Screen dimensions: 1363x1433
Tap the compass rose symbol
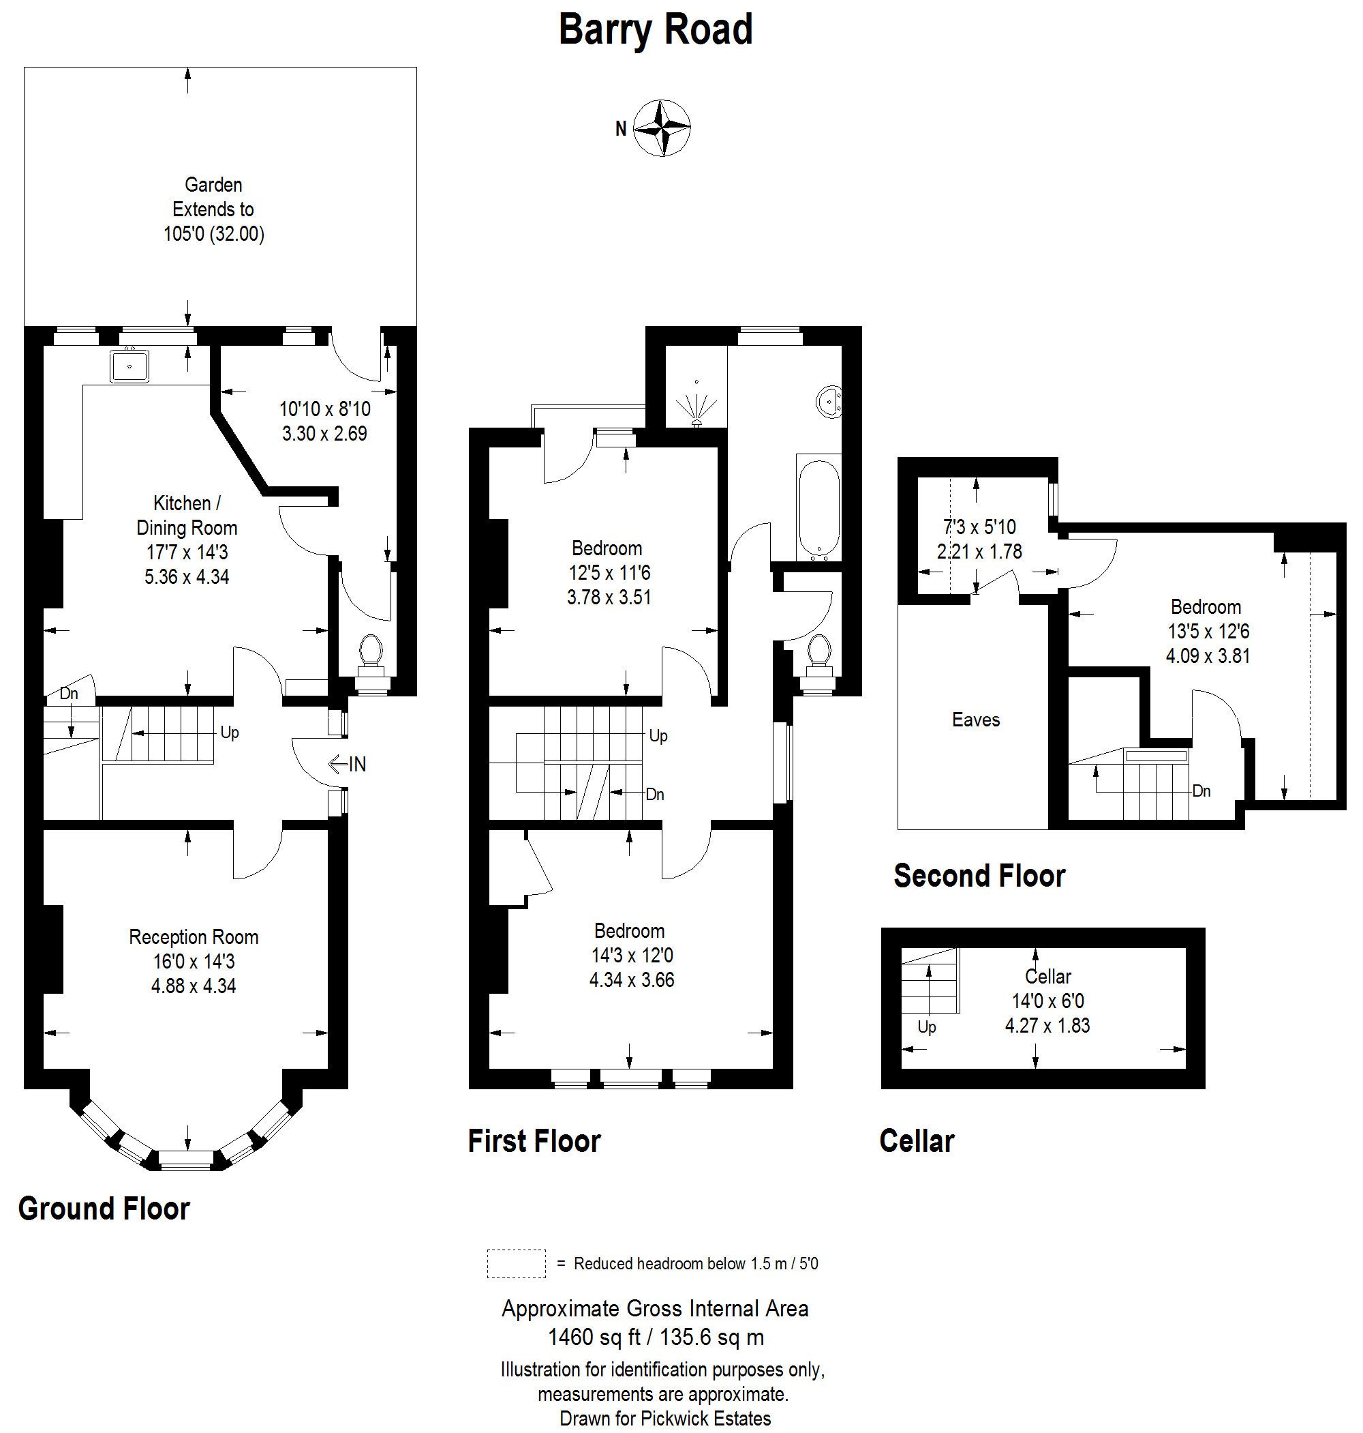click(x=661, y=129)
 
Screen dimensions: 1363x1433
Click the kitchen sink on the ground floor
click(x=130, y=366)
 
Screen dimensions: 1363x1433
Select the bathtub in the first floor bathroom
click(x=818, y=508)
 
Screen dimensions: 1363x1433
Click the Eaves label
click(x=976, y=720)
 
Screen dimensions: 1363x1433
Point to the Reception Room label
click(x=194, y=937)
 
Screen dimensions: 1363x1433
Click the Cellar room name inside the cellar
click(x=1047, y=977)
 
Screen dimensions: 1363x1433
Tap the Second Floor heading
click(x=979, y=875)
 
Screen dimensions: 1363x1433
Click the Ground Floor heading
click(x=104, y=1209)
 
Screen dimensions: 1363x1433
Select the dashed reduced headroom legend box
click(x=516, y=1264)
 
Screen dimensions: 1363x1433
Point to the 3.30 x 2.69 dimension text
click(x=325, y=433)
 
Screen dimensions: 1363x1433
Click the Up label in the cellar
click(x=926, y=1027)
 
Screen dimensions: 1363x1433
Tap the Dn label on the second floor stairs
click(x=1201, y=791)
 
